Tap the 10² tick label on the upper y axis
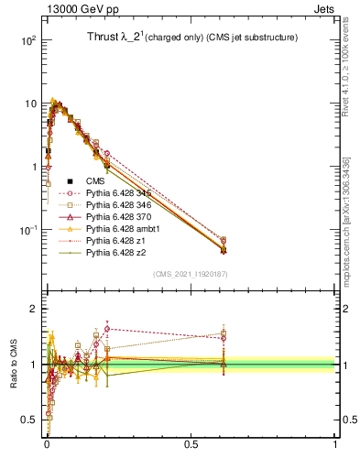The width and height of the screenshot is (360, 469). (28, 41)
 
